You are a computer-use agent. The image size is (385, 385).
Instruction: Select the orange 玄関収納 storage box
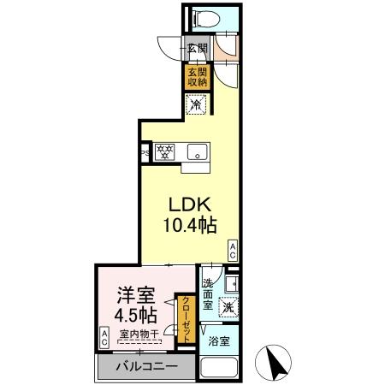coord(198,77)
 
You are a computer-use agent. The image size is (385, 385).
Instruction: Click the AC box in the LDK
coord(232,248)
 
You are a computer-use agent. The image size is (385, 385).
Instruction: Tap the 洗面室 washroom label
coord(210,293)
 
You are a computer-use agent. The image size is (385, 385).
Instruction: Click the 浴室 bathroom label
coord(219,342)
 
